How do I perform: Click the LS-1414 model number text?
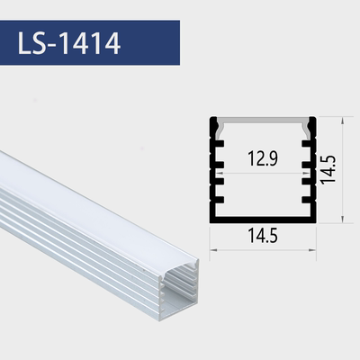(x=68, y=41)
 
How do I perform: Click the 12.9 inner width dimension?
(x=262, y=160)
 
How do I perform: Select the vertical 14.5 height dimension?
(x=329, y=168)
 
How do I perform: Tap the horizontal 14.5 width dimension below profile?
(x=262, y=237)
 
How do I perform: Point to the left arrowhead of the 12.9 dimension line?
(x=225, y=174)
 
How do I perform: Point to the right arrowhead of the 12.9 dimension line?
(x=300, y=174)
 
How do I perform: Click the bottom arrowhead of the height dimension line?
(x=346, y=218)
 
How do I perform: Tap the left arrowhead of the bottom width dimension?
(x=212, y=249)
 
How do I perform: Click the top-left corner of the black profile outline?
(x=211, y=118)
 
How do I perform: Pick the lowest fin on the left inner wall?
(x=220, y=202)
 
